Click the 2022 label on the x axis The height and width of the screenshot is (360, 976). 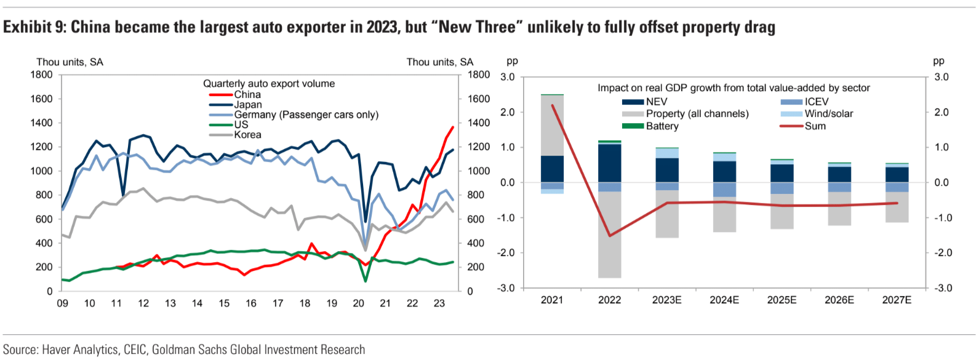tap(609, 300)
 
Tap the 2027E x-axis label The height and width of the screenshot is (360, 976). tap(897, 300)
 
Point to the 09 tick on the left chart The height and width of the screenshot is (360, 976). tap(62, 303)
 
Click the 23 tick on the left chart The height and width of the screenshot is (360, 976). tap(439, 303)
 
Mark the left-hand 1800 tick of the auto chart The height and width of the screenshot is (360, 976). tap(42, 75)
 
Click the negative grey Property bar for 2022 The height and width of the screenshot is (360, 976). tap(609, 234)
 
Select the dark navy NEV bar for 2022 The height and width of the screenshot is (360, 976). tap(609, 163)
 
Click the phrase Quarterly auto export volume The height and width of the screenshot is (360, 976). tap(269, 84)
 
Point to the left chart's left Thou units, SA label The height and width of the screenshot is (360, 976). tap(70, 62)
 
